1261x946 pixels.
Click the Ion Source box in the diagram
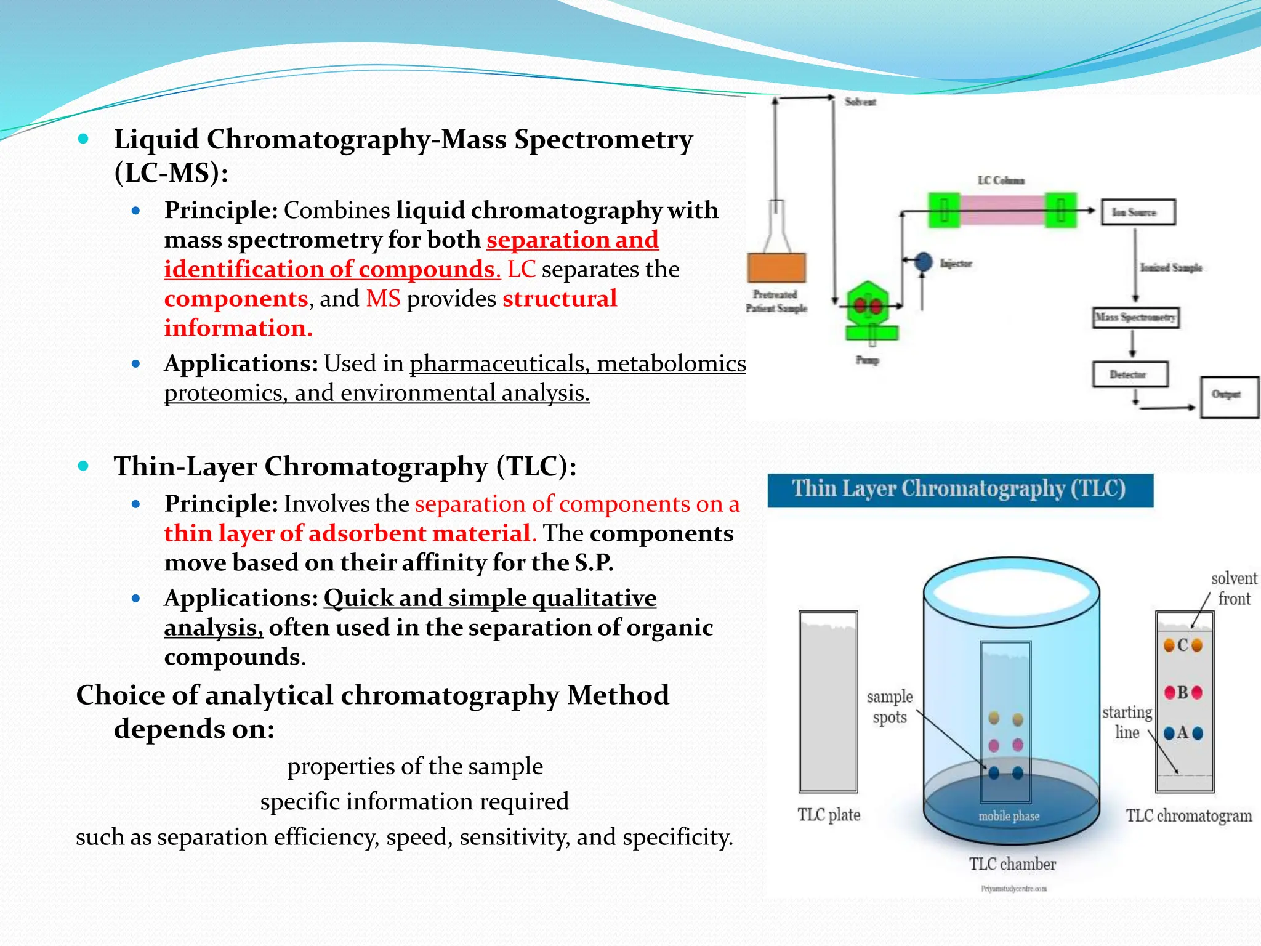(x=1138, y=212)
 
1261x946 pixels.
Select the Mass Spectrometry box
(x=1135, y=318)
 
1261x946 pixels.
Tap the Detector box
(x=1130, y=374)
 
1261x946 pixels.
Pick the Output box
(x=1229, y=397)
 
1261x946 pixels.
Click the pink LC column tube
(x=1002, y=210)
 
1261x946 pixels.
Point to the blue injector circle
(x=923, y=262)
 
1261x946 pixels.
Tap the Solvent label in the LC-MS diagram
(x=860, y=102)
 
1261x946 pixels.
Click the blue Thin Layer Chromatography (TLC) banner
(x=959, y=490)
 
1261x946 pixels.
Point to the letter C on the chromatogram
(x=1183, y=645)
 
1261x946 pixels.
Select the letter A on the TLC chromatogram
(x=1182, y=733)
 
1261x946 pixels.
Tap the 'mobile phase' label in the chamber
(x=1009, y=817)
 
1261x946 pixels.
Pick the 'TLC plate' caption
(x=829, y=815)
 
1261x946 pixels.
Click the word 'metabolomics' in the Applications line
(x=671, y=364)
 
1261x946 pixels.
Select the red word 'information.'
(x=238, y=328)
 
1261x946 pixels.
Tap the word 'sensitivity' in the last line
(x=515, y=838)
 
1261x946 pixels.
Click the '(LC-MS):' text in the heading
(x=171, y=173)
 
